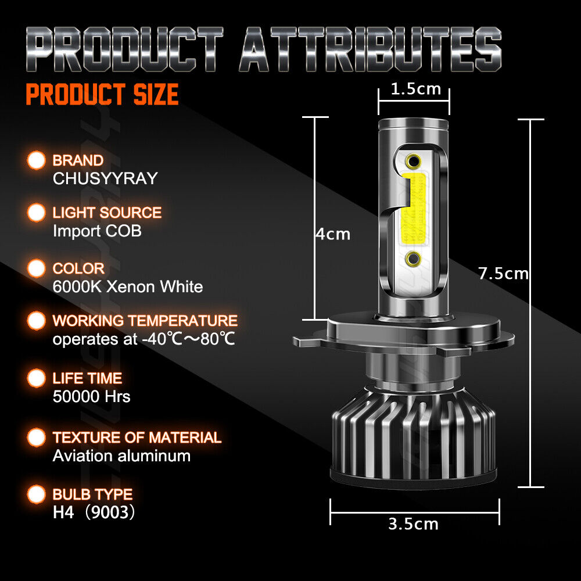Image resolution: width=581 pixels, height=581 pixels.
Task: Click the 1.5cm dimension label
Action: point(415,89)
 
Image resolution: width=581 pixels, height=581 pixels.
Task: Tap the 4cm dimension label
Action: point(333,234)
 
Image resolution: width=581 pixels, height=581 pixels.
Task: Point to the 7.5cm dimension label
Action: point(503,273)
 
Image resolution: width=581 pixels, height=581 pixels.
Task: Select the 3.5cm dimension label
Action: point(413,523)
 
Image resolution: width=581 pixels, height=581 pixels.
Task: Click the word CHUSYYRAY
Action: point(105,178)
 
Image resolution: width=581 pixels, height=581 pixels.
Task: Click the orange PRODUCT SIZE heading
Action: point(102,95)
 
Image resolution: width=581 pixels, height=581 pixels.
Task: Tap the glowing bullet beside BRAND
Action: point(37,160)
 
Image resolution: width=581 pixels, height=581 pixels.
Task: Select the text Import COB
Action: point(97,231)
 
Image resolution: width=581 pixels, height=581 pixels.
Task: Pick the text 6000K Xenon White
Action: point(128,286)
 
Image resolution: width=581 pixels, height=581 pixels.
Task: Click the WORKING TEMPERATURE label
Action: point(145,321)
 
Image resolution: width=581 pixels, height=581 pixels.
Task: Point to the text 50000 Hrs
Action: point(91,396)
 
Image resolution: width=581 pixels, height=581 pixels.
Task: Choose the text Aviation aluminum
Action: point(121,456)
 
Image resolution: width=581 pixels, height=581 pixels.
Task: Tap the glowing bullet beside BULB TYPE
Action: point(37,494)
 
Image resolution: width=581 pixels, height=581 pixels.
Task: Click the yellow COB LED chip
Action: point(413,208)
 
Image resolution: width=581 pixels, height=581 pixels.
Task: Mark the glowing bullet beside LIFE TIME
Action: point(37,378)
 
